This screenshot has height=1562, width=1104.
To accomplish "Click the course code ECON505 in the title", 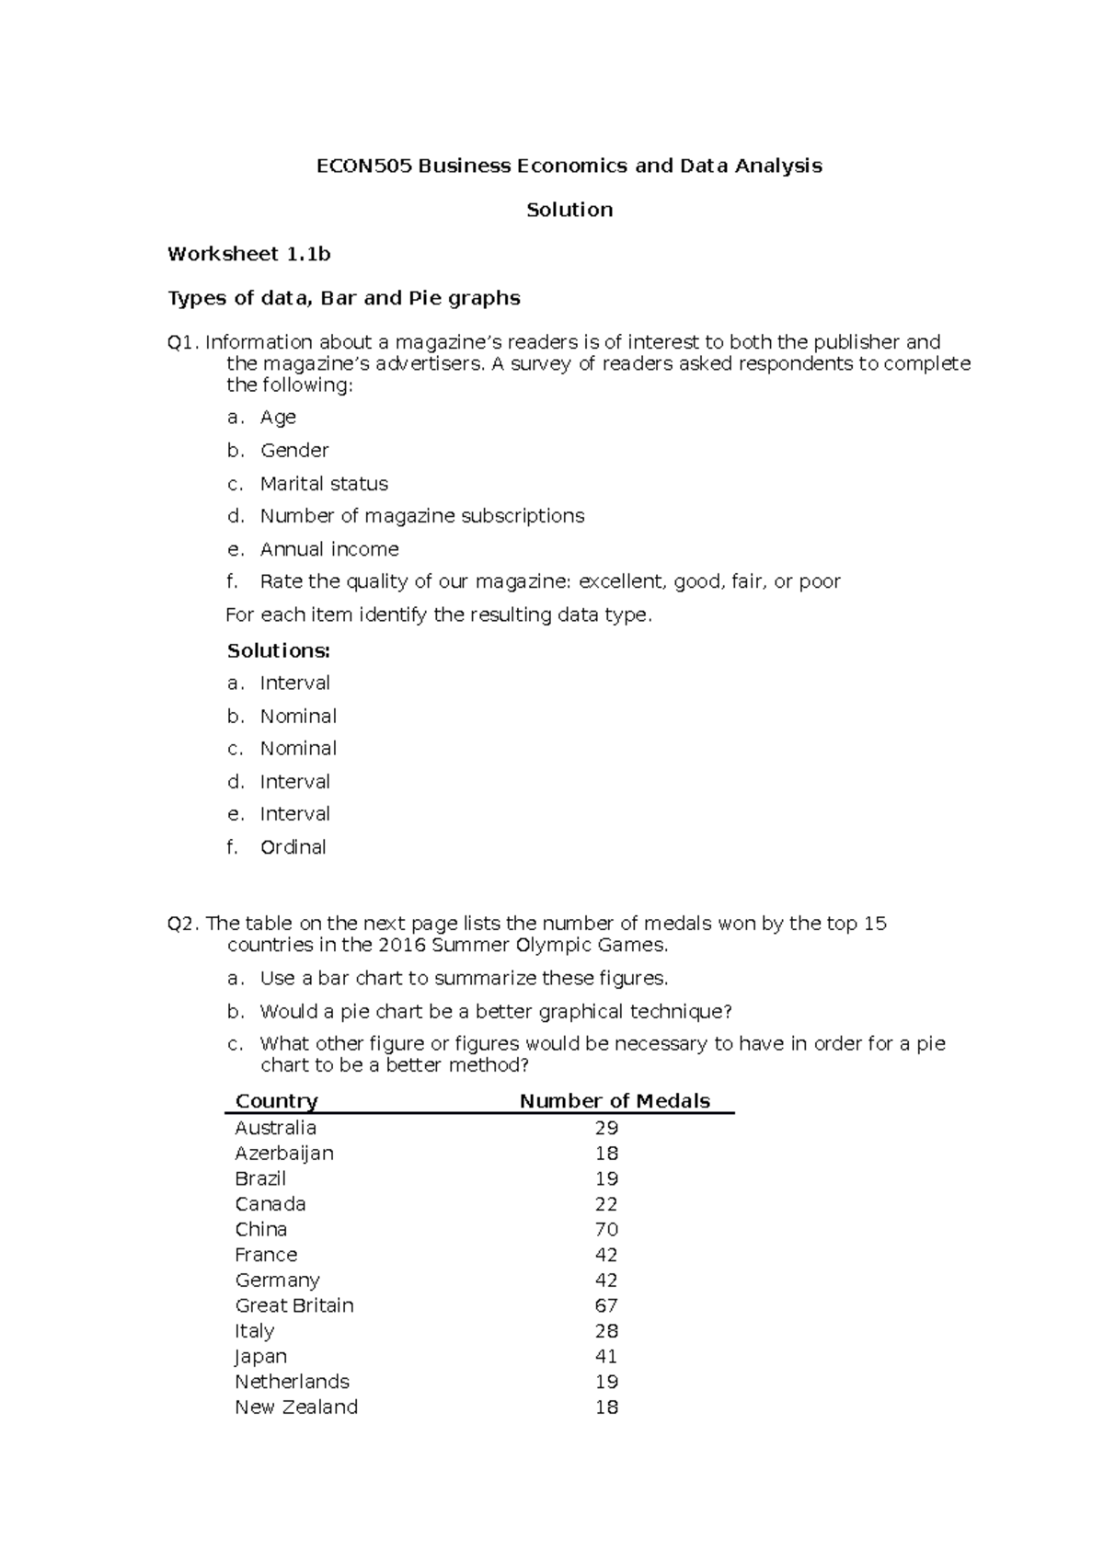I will coord(364,167).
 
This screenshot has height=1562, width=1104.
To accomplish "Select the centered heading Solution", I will coord(569,211).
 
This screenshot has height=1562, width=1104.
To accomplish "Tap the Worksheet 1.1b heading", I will coord(248,255).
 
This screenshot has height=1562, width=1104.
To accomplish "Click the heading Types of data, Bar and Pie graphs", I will coord(343,298).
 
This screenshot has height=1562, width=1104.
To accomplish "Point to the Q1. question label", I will coord(182,343).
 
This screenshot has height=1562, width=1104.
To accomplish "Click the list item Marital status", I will coord(324,484).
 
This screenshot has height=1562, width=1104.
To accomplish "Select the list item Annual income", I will coord(329,549).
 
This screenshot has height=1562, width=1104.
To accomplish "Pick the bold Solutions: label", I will coord(278,650).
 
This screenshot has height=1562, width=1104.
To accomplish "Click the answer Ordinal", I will coord(293,847).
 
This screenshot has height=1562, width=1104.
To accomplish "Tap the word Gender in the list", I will coord(294,451).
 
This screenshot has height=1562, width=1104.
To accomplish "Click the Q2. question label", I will coord(182,924).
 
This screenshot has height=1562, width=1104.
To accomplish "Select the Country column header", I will coord(276,1101).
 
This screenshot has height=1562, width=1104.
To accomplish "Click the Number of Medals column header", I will coord(615,1101).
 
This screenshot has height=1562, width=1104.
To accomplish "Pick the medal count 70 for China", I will coord(606,1230).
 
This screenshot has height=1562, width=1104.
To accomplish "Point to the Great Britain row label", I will coord(293,1306).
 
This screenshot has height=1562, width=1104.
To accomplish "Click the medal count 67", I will coord(606,1306).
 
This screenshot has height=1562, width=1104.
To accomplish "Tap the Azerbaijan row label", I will coord(283,1154).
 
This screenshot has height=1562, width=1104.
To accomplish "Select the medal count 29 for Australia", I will coord(606,1128).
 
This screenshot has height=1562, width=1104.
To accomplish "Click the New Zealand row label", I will coord(295,1407).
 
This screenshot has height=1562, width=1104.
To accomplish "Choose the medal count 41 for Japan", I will coord(606,1357).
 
